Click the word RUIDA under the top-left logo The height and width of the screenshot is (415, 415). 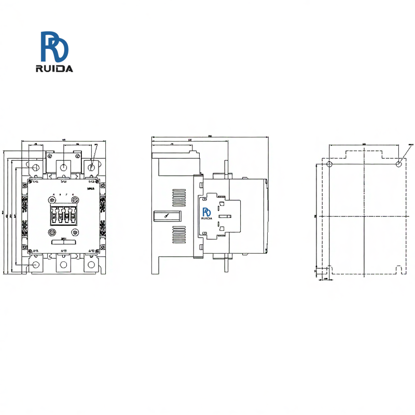pos(54,68)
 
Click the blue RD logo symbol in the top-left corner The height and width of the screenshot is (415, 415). pos(54,46)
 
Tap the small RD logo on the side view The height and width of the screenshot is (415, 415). pos(206,213)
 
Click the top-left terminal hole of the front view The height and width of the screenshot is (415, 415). pos(36,168)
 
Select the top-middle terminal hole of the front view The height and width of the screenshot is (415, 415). pos(63,167)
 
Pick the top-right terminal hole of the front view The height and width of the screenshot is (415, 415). pos(92,167)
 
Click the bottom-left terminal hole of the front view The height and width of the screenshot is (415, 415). pos(35,265)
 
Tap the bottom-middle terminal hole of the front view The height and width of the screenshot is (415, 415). pos(63,265)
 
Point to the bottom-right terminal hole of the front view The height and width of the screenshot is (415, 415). pos(92,265)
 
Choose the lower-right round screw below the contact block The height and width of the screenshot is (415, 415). pos(75,232)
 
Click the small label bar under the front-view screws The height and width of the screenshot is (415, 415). pos(63,241)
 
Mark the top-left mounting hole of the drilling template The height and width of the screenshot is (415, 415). pos(329,164)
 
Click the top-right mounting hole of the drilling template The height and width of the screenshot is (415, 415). pos(398,164)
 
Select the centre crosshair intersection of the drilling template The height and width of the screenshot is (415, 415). pos(364,216)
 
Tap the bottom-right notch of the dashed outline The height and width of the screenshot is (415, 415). pos(398,269)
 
